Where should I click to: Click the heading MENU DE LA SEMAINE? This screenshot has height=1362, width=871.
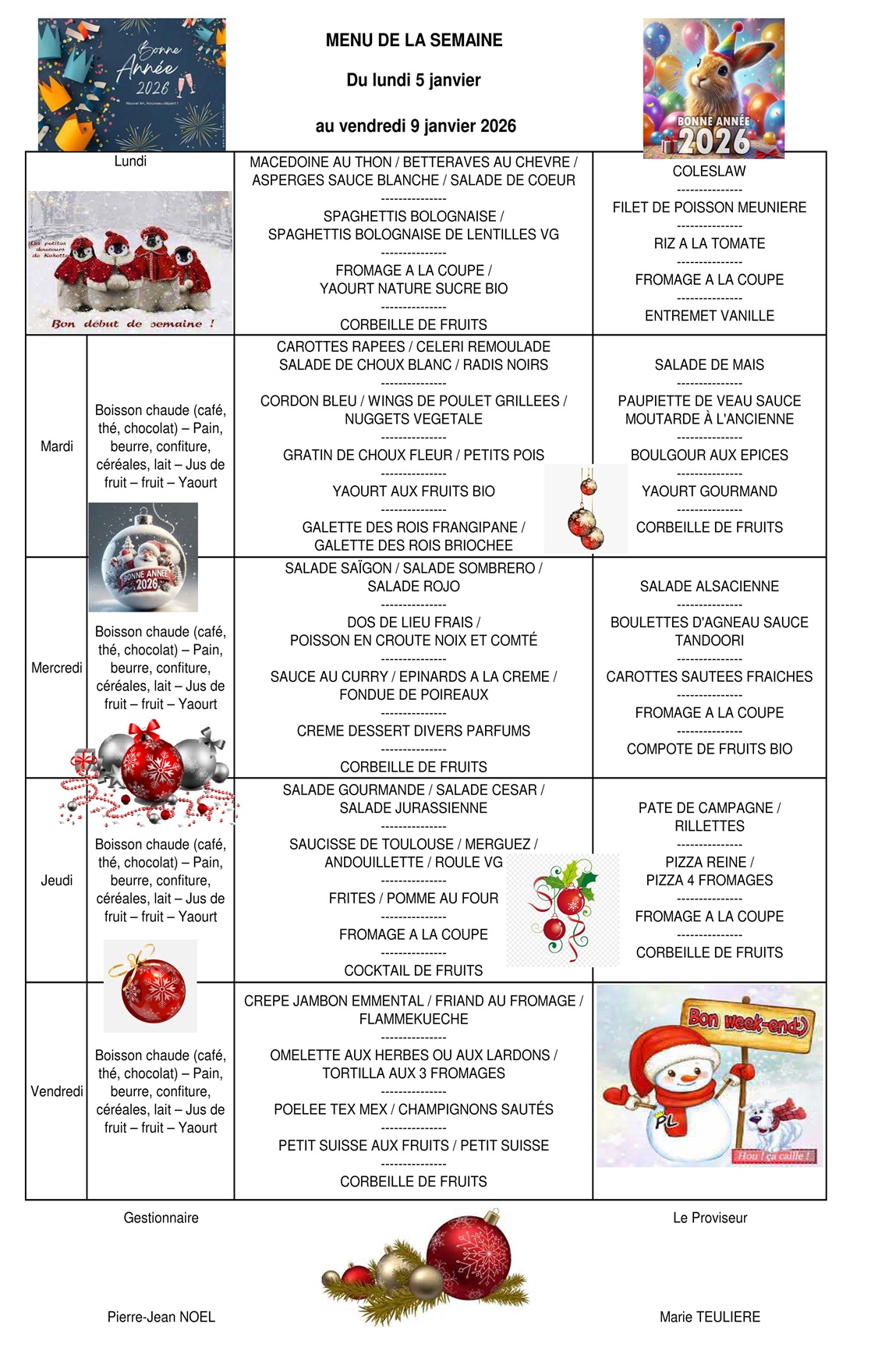[x=414, y=41]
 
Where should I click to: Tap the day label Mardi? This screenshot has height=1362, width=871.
[x=57, y=446]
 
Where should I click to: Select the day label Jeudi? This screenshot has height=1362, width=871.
[x=57, y=880]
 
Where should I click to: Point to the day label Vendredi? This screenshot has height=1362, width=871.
[x=57, y=1091]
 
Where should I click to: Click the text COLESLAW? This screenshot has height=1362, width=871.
[x=709, y=172]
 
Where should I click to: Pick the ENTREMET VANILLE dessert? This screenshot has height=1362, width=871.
[x=709, y=316]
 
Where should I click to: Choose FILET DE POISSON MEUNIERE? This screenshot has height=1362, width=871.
[x=709, y=207]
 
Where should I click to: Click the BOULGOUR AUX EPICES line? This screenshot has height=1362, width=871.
[x=709, y=455]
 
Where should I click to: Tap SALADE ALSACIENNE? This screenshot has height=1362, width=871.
[x=709, y=587]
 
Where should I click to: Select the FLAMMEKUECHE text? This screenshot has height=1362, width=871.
[x=413, y=1019]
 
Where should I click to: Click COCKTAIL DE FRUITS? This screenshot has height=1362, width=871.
[x=413, y=970]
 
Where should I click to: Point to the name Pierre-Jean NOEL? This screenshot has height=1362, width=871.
[x=161, y=1317]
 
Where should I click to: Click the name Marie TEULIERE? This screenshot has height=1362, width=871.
[x=710, y=1317]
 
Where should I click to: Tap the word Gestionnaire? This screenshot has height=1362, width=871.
[x=161, y=1218]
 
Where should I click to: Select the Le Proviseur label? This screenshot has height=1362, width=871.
[x=710, y=1218]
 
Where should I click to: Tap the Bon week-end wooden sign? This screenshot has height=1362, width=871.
[x=749, y=1023]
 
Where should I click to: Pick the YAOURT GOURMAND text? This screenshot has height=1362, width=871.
[x=709, y=491]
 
